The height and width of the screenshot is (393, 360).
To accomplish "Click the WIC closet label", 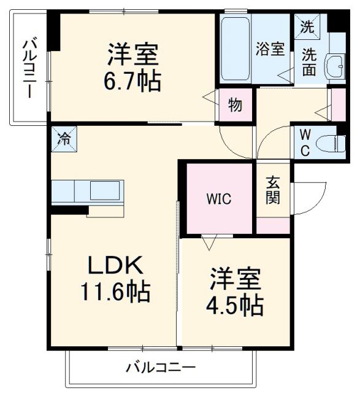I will coord(218,198).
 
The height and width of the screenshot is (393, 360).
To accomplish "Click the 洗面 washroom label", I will coord(309,62).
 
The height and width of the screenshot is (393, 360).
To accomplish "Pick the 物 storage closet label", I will coord(235,105).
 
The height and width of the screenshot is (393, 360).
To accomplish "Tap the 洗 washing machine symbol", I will coord(305,26).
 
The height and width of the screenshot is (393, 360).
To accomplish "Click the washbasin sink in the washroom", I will coord(335,66).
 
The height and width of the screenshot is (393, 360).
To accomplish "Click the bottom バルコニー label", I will coord(161,368).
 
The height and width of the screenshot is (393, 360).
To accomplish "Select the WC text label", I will coord(305,143).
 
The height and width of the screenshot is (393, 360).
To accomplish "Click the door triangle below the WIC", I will coord(209,243).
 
